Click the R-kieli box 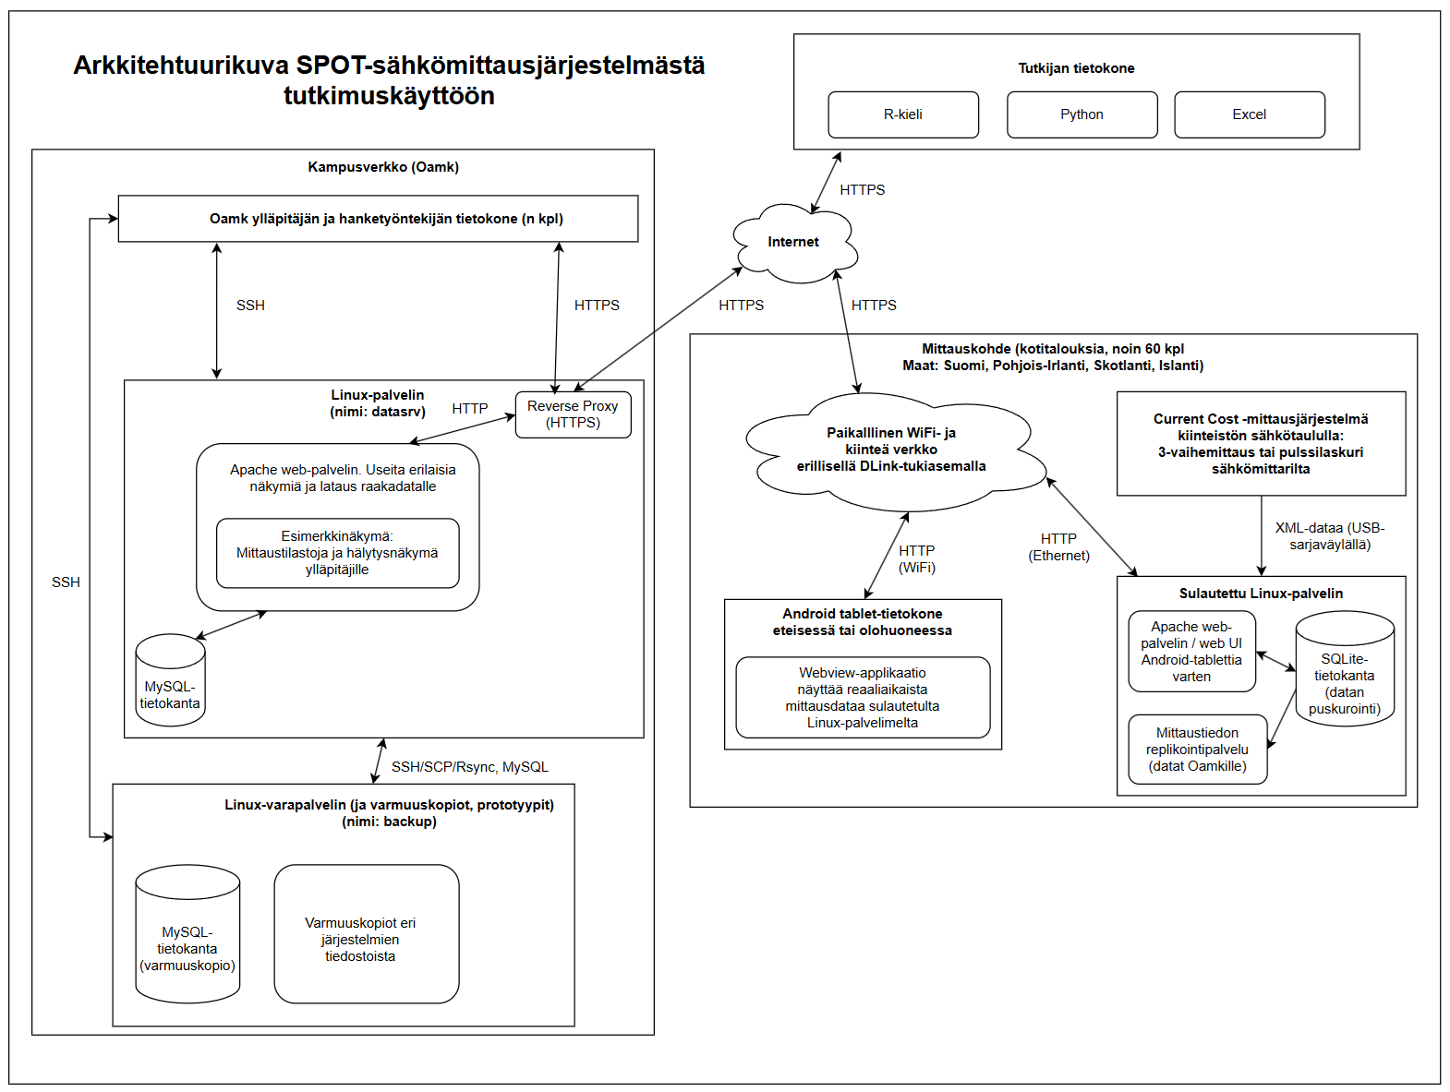902,114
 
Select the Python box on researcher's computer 1081,114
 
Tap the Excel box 1249,114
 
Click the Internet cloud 793,242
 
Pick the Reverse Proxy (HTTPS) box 573,414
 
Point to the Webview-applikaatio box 863,698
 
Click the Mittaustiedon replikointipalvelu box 1197,750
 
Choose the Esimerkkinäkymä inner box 337,553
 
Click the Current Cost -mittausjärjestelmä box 1261,444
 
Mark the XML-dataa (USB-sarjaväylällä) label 1330,536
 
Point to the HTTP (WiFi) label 917,559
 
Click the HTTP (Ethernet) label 1059,547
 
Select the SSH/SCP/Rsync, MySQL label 469,767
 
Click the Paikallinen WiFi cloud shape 891,450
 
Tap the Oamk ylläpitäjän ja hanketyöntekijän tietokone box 378,219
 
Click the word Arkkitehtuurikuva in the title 181,66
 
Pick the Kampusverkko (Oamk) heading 383,167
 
